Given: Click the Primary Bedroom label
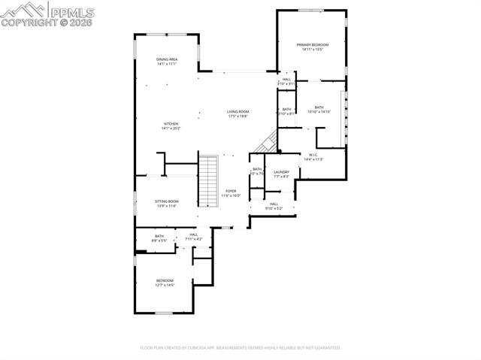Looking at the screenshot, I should (312, 45).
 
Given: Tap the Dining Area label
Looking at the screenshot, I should (167, 59).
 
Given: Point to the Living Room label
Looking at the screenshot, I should (238, 112).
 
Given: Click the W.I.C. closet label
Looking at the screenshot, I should (313, 156).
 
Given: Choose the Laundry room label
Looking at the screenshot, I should (281, 172).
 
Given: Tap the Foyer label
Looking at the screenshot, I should (231, 191).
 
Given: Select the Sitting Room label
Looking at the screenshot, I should (167, 201).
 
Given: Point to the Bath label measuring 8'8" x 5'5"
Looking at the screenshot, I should (159, 236).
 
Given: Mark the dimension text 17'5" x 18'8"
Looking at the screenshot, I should (238, 116).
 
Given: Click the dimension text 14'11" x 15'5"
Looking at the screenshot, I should (312, 50).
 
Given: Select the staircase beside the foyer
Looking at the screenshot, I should (208, 180).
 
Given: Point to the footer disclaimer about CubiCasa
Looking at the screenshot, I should (240, 348).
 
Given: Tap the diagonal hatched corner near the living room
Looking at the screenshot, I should (268, 142).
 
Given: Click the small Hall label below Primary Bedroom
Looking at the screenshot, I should (286, 79).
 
